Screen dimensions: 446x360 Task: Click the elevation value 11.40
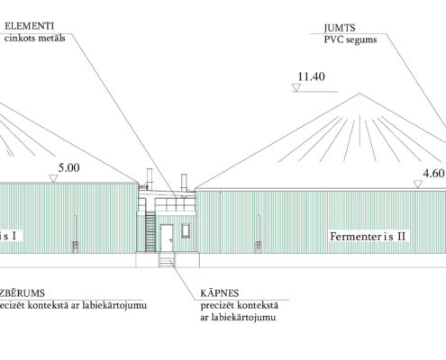pos(311,76)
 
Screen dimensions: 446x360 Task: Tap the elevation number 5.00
pos(69,167)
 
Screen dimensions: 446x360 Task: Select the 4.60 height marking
pos(433,174)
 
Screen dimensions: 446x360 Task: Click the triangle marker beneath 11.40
pos(296,87)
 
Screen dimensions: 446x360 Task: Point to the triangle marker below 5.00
pos(53,179)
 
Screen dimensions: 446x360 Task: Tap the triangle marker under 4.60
pos(418,184)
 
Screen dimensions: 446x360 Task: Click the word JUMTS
pos(340,28)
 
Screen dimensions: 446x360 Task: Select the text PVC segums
pos(350,40)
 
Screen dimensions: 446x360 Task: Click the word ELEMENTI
pos(30,26)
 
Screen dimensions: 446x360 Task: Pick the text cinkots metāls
pos(35,38)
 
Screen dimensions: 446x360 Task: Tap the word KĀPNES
pos(220,292)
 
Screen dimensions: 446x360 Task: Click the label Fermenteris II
pos(368,236)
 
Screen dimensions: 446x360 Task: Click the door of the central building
pos(167,238)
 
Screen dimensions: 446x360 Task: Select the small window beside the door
pos(186,230)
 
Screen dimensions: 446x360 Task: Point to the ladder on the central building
pos(150,232)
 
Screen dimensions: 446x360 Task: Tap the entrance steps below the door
pos(167,259)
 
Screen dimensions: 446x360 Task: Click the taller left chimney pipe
pos(150,179)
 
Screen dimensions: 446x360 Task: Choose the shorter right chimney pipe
pos(184,183)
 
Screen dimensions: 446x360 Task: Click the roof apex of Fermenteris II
pos(360,94)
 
